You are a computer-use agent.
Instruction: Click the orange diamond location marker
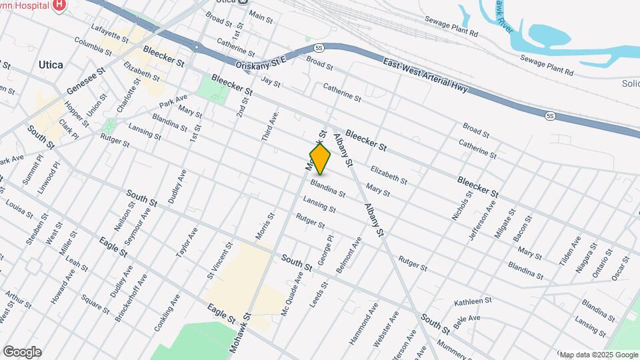click(x=320, y=159)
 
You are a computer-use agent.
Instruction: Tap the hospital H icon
click(x=59, y=4)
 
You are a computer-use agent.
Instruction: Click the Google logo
click(x=21, y=352)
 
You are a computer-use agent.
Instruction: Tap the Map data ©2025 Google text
click(x=598, y=355)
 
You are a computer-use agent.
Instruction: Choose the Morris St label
click(x=265, y=227)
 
